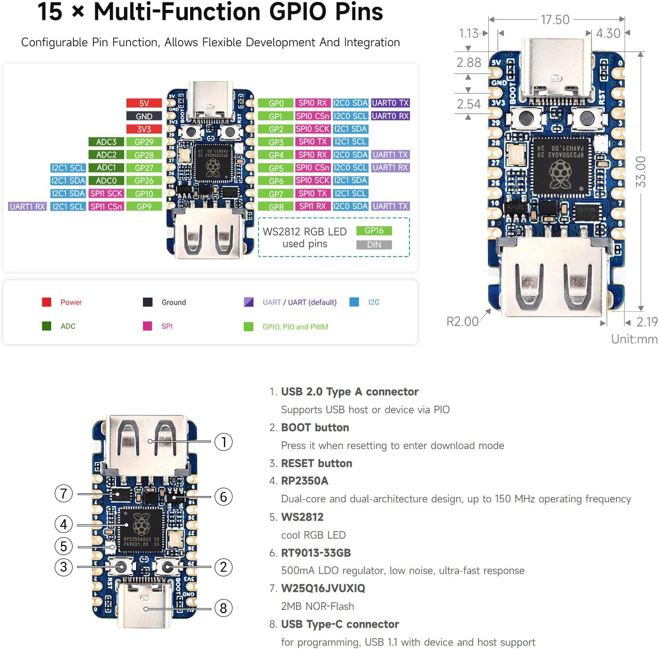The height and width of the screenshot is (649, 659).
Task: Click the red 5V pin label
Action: [x=144, y=103]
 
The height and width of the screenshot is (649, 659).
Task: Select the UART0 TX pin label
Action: [x=390, y=103]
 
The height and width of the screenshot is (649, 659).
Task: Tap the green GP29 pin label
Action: [x=144, y=141]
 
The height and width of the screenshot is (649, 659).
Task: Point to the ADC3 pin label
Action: [x=106, y=141]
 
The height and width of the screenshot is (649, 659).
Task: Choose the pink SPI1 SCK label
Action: [x=106, y=193]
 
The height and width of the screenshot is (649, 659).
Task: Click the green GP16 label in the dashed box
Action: [x=374, y=231]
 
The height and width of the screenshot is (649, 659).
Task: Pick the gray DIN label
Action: [x=374, y=244]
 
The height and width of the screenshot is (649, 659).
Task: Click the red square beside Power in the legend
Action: [x=46, y=302]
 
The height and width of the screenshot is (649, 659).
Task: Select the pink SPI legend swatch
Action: [x=147, y=326]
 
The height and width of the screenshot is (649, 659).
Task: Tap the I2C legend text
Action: [x=374, y=302]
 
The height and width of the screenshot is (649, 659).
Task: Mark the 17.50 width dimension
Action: [x=555, y=20]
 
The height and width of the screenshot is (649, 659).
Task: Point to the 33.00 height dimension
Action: [x=641, y=172]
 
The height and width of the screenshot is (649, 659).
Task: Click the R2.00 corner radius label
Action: [x=462, y=322]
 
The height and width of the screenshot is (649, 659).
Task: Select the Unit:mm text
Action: [x=634, y=339]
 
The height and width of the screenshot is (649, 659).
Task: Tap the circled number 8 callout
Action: [x=224, y=608]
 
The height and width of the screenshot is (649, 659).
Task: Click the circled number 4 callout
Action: [x=64, y=524]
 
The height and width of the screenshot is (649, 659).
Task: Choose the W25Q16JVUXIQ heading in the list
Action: [x=323, y=588]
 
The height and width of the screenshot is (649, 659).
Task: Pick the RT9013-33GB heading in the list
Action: [x=316, y=553]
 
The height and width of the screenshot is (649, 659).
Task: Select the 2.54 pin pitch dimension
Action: [x=468, y=104]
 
